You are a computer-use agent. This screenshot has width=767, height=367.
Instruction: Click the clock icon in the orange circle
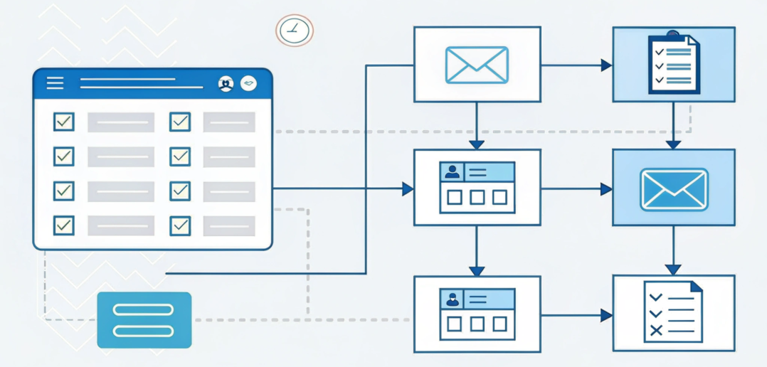tap(294, 31)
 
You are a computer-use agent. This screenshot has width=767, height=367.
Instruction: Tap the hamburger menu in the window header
tap(55, 83)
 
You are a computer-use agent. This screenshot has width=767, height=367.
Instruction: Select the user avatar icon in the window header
tap(226, 84)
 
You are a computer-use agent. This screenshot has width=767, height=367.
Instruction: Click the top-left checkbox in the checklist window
tap(64, 122)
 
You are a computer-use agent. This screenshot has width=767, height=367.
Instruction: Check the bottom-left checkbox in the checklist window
tap(64, 225)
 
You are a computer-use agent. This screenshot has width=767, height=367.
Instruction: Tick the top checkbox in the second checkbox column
tap(180, 122)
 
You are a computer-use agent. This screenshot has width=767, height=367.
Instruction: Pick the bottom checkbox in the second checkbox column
tap(180, 225)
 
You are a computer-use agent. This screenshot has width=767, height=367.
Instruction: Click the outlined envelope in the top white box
tap(477, 65)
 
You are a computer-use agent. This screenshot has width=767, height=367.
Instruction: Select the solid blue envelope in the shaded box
tap(673, 189)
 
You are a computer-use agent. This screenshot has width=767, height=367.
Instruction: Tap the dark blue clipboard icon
tap(674, 65)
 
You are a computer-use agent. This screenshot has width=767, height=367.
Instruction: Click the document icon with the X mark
tap(673, 312)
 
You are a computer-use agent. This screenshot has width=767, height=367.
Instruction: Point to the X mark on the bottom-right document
tap(656, 329)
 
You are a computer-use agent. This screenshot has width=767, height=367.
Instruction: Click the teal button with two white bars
tap(144, 320)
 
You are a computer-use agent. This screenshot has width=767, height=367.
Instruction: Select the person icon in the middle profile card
tap(452, 172)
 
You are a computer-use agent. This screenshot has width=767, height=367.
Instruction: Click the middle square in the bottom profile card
tap(477, 324)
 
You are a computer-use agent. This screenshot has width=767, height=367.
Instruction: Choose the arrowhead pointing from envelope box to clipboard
tap(606, 65)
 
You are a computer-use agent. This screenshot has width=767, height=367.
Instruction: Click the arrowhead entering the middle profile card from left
tap(408, 188)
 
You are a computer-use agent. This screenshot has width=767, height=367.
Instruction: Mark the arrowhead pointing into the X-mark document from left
tap(606, 315)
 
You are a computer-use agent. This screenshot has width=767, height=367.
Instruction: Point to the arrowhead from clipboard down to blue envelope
tap(673, 144)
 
